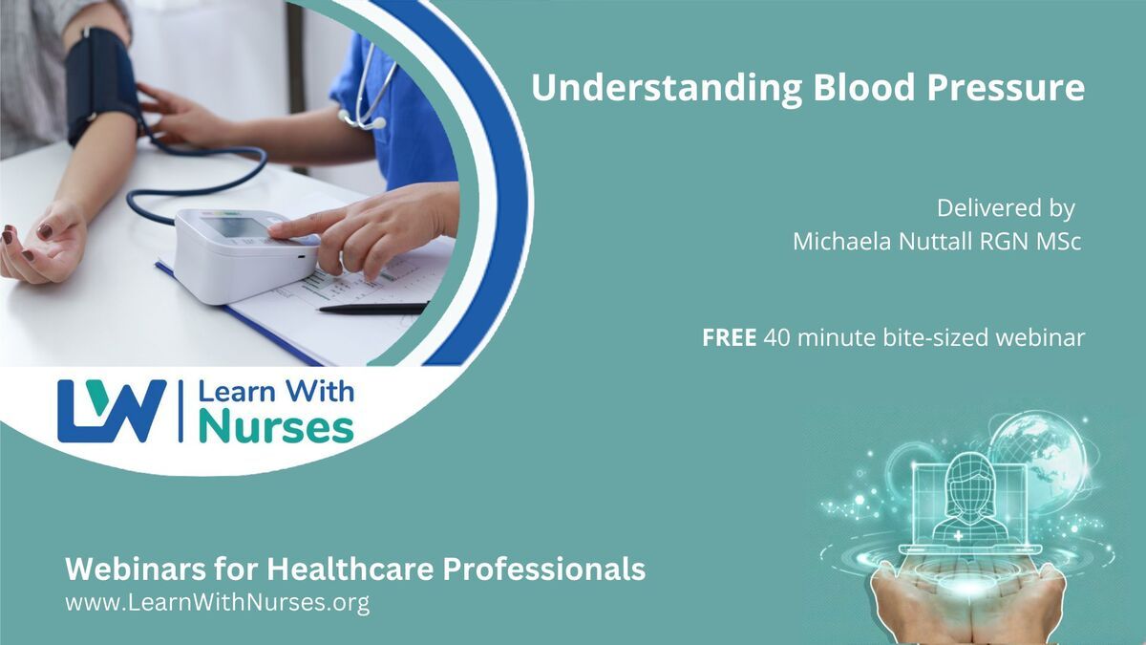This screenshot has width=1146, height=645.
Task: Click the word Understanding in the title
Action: pyautogui.click(x=667, y=89)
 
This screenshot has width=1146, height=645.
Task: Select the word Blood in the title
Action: pyautogui.click(x=863, y=88)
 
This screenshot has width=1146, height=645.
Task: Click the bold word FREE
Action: pyautogui.click(x=729, y=338)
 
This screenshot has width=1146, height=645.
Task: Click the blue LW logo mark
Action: pyautogui.click(x=112, y=411)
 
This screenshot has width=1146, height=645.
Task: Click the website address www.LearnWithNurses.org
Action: pyautogui.click(x=218, y=603)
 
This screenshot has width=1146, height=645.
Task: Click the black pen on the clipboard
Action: pyautogui.click(x=373, y=308)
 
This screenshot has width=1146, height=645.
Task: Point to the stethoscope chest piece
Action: pyautogui.click(x=377, y=123)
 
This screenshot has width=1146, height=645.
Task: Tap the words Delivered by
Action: pyautogui.click(x=1006, y=209)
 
